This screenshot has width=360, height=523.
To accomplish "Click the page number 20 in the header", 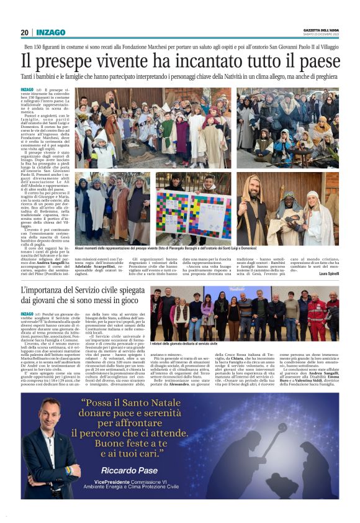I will [x=24, y=32].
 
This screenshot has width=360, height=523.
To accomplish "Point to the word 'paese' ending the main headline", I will [x=316, y=62].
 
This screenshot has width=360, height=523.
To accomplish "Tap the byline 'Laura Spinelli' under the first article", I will [x=326, y=273].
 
